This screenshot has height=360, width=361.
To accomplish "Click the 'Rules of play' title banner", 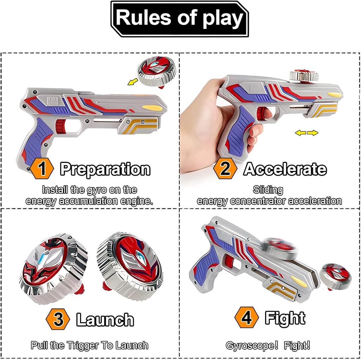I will [x=180, y=18].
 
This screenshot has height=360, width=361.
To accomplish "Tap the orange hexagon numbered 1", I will [x=42, y=169].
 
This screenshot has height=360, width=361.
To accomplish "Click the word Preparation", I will [x=105, y=169].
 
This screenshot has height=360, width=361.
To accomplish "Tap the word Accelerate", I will [x=285, y=169].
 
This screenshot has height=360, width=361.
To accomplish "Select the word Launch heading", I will [x=105, y=320].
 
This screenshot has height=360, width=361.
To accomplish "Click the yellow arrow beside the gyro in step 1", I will [x=133, y=82].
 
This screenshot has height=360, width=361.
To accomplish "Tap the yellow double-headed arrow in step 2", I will [x=306, y=133].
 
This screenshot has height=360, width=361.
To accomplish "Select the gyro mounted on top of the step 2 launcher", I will [x=304, y=75].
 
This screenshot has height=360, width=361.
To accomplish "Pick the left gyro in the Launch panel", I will [x=53, y=268].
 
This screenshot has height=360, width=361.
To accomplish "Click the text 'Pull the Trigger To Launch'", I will [x=90, y=345].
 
